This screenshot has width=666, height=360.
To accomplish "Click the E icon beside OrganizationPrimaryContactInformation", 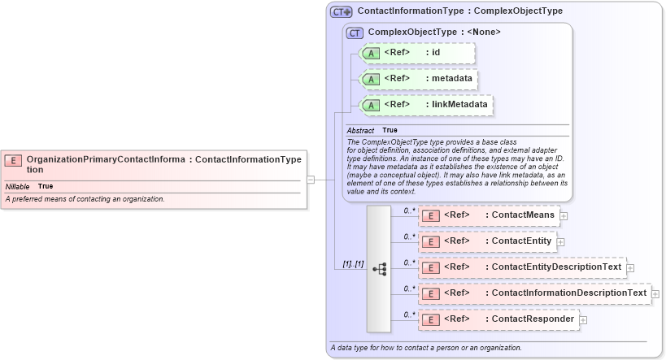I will point(13,160).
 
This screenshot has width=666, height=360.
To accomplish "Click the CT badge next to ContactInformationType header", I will point(341,12).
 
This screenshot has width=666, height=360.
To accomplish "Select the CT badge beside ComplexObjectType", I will point(355,33).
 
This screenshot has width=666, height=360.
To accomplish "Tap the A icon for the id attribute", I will point(371,53).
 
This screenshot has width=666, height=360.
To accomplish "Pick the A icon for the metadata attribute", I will point(371,79).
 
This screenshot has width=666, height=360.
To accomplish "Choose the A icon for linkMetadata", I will point(371,105).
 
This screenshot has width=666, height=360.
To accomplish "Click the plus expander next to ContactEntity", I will point(560,241).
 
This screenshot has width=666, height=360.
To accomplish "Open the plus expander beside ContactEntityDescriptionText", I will point(630,267).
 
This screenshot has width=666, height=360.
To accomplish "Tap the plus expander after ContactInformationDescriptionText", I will point(655,293).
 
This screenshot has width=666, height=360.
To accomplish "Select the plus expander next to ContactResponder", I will point(582,319).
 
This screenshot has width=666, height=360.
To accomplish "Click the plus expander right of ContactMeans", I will point(564,215).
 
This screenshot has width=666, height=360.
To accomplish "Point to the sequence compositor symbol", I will point(379,268).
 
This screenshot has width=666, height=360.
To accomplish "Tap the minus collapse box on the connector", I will point(311,180).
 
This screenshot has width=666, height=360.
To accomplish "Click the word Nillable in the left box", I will point(17,186).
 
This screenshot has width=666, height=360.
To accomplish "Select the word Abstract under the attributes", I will point(360,130).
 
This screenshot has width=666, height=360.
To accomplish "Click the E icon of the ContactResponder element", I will point(431,319).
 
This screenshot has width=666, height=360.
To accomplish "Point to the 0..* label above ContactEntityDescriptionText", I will point(409,262).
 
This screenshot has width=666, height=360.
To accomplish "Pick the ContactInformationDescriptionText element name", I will point(569,293).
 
